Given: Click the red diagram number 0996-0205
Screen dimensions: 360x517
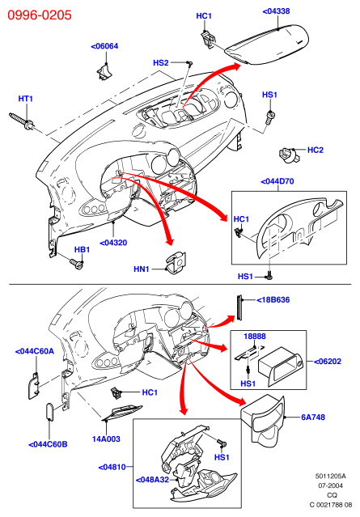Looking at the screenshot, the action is click(40, 15).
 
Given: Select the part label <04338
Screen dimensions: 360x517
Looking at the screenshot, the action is click(276, 11).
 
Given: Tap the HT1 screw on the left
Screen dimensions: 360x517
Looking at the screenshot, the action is click(21, 121).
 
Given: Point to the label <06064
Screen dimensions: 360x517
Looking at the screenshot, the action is click(104, 46).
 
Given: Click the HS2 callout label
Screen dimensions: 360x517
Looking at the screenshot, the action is click(161, 62).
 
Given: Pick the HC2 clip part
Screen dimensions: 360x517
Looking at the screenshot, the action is click(290, 155).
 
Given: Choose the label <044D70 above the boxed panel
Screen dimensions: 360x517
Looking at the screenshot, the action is click(277, 181).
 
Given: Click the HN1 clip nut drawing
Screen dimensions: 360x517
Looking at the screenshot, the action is click(176, 263).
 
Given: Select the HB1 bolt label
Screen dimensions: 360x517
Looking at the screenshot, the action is click(82, 249).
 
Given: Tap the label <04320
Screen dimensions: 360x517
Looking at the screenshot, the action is click(113, 243).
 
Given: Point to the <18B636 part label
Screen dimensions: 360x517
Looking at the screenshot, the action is click(273, 300).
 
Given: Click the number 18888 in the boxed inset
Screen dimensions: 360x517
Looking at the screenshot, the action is click(255, 337).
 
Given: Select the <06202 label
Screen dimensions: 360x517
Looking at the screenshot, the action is click(328, 362).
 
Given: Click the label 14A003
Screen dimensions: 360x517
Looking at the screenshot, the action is click(106, 439).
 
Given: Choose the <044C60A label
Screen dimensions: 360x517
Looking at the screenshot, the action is click(35, 351).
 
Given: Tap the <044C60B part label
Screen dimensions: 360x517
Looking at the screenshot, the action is click(48, 444).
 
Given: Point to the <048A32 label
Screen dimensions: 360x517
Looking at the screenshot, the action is click(152, 480).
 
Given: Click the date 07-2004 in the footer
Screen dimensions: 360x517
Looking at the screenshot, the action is click(330, 485).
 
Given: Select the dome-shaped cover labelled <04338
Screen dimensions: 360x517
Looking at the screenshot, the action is click(267, 44).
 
